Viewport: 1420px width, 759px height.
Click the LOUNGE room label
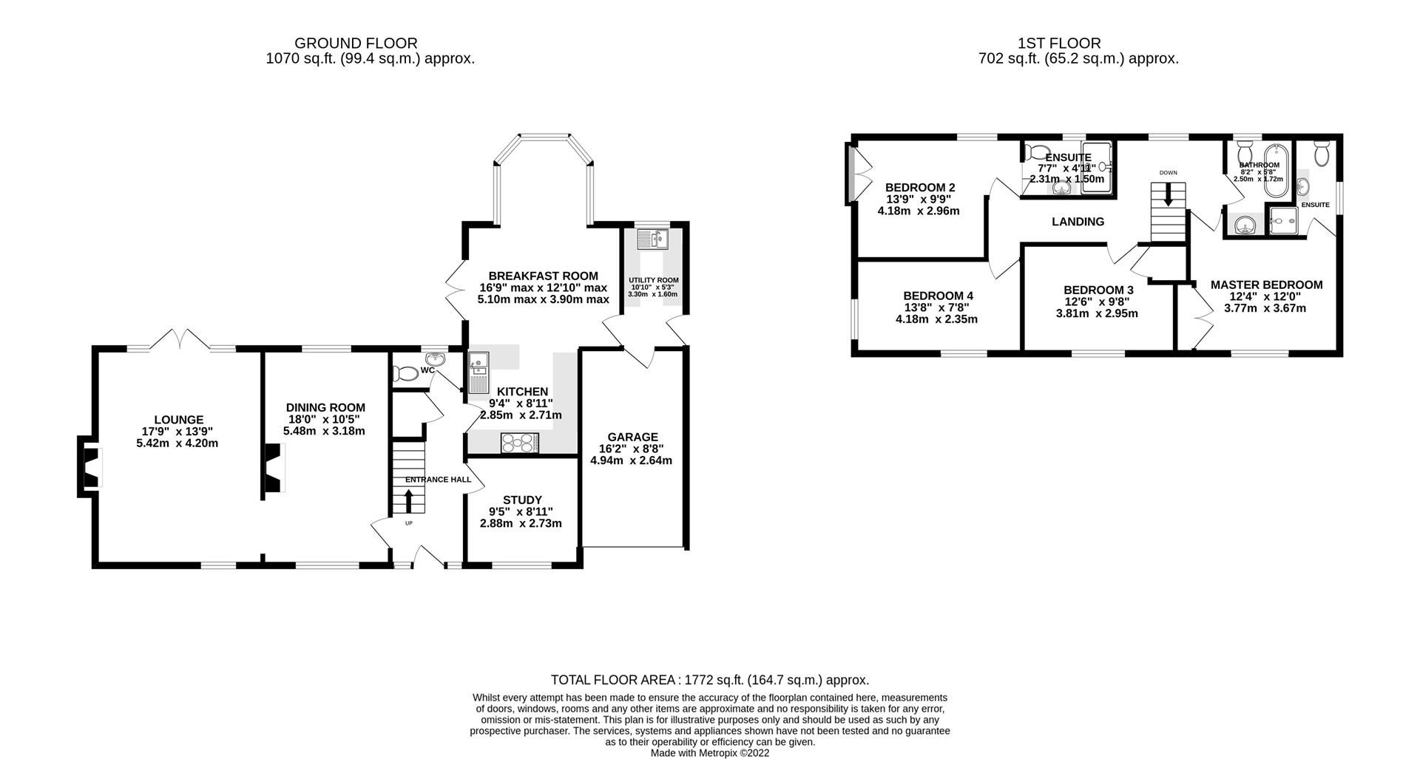click(x=178, y=420)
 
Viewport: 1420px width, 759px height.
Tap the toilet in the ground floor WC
click(x=405, y=374)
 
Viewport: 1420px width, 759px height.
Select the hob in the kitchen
click(x=521, y=443)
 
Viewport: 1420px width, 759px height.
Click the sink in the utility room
click(x=654, y=239)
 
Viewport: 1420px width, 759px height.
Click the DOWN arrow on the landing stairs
click(x=1169, y=196)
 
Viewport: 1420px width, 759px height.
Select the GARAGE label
click(x=632, y=437)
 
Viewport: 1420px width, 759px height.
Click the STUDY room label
click(x=521, y=500)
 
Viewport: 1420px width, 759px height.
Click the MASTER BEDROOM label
click(x=1266, y=285)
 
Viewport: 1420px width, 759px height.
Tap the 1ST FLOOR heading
click(x=1079, y=44)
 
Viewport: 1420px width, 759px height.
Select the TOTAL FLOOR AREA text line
click(x=710, y=680)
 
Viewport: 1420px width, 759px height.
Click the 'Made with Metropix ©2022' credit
click(x=710, y=752)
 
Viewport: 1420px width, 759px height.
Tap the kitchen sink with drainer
click(x=477, y=374)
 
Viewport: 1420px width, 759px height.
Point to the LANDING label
click(x=1078, y=222)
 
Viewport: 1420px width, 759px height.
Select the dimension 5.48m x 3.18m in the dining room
click(x=324, y=431)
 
